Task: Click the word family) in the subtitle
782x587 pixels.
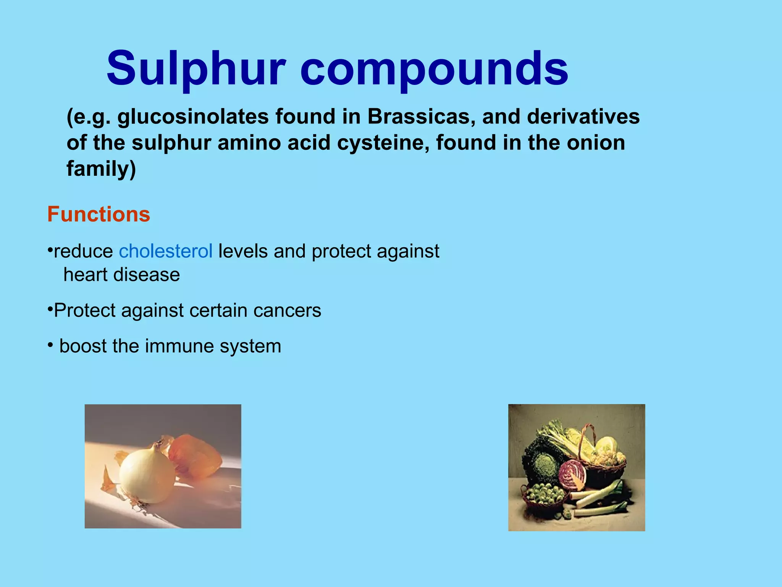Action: [101, 169]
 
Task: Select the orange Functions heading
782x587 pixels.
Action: [99, 214]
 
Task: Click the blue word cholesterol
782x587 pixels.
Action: [165, 251]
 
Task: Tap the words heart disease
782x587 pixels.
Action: [121, 274]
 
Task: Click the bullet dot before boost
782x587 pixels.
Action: [50, 345]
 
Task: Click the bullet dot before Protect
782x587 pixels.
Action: [50, 309]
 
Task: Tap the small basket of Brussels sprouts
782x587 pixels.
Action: [544, 497]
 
